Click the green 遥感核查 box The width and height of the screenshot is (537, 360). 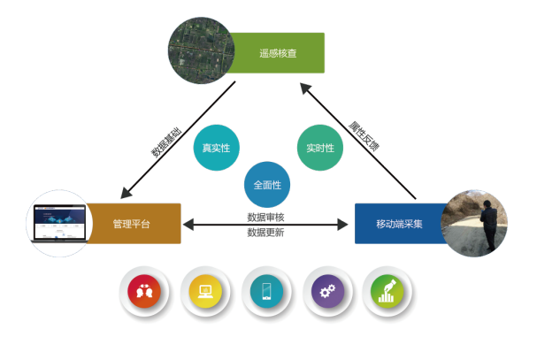coord(277,52)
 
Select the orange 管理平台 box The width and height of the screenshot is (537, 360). coord(134,224)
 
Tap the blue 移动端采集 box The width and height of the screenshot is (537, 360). coord(397,224)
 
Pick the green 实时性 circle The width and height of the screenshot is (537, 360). coord(319,147)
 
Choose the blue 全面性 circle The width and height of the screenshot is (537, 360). coord(267,185)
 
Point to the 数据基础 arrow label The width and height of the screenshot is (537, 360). coord(166,142)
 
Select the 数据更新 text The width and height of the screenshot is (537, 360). coord(268,232)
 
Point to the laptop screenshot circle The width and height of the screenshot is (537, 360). coord(59,224)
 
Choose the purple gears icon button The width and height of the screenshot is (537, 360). coord(327,290)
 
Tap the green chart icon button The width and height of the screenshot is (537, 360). coord(387,290)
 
